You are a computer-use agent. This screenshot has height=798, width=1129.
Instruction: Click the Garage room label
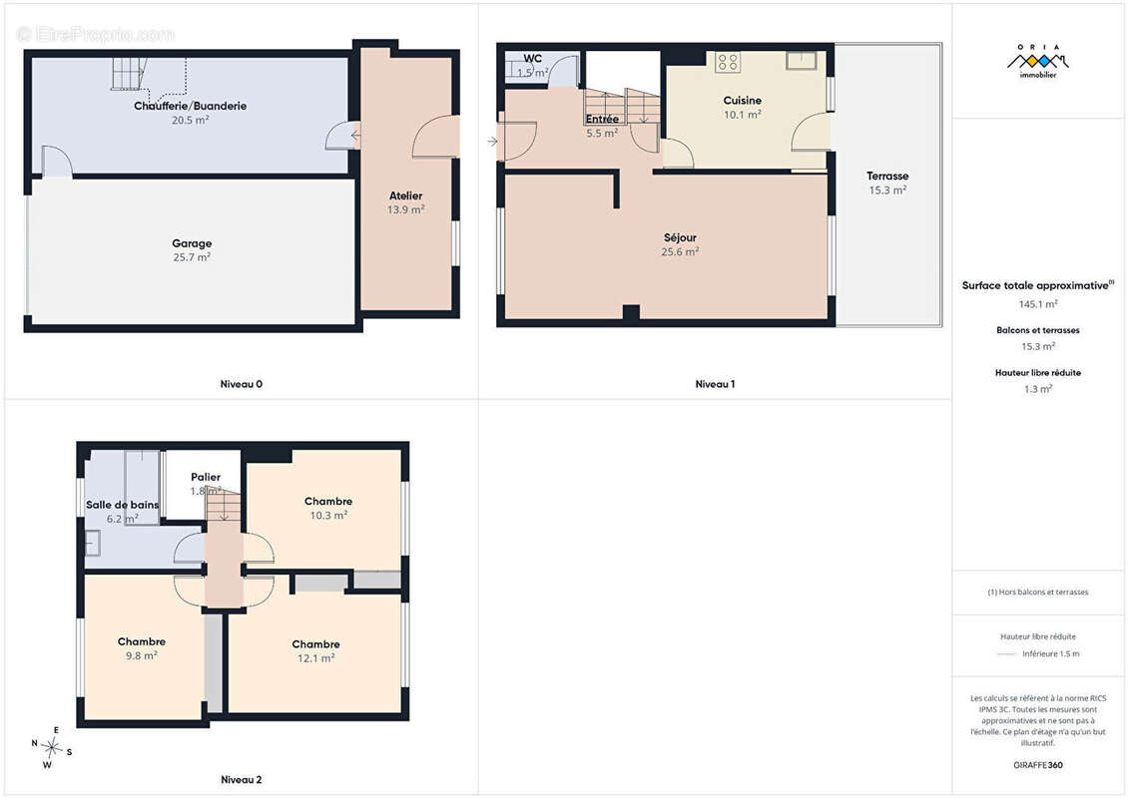[x=192, y=243]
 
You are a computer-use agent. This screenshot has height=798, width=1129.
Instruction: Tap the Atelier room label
[x=406, y=196]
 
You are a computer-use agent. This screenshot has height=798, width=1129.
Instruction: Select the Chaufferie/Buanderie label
[x=190, y=106]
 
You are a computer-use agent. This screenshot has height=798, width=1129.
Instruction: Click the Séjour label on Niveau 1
[x=680, y=237]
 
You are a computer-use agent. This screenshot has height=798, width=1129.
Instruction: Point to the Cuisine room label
[x=743, y=101]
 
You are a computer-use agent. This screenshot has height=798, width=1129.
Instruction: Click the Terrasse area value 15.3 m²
[x=887, y=190]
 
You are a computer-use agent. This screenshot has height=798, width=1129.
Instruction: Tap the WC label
[x=533, y=58]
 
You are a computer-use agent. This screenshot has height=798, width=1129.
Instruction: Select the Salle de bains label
[x=122, y=505]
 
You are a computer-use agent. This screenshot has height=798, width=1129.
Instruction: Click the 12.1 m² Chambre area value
[x=316, y=658]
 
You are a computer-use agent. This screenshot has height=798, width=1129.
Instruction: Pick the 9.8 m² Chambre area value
[x=141, y=655]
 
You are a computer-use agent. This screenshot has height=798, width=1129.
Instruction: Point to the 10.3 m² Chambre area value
[x=328, y=516]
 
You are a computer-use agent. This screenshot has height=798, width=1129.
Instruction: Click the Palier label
[x=206, y=477]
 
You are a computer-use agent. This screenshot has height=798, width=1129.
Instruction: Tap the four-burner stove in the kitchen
[x=728, y=62]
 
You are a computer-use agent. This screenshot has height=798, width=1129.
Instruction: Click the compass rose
[x=51, y=748]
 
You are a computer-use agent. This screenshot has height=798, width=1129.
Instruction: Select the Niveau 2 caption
[x=242, y=779]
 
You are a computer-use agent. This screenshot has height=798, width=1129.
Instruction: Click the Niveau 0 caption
[x=242, y=384]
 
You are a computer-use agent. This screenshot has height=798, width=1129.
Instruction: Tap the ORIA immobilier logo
[x=1037, y=61]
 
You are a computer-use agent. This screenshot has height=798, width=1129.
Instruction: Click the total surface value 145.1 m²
[x=1038, y=304]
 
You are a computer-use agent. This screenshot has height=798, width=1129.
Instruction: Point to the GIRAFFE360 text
[x=1037, y=765]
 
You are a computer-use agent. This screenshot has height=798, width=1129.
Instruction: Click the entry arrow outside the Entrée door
[x=492, y=142]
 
